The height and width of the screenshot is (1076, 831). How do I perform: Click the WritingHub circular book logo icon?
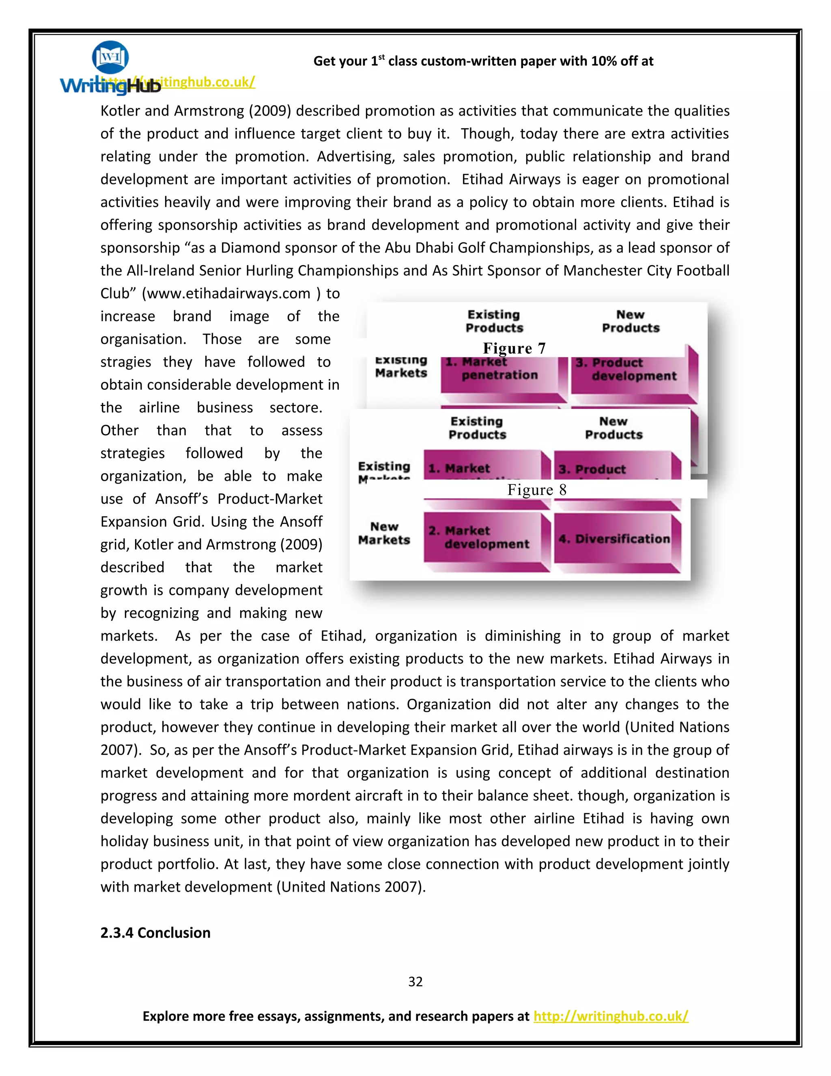110,57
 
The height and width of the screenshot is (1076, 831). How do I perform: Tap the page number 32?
415,981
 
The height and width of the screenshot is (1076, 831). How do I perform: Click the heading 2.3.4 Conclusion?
155,933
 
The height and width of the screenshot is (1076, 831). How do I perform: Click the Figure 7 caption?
514,348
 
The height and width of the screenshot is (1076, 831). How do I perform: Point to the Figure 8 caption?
536,489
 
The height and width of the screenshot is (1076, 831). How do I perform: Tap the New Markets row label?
384,534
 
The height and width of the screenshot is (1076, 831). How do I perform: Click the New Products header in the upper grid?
631,321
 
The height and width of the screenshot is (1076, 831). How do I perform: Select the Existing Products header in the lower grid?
477,428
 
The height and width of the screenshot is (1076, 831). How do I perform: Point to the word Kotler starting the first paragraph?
120,111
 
